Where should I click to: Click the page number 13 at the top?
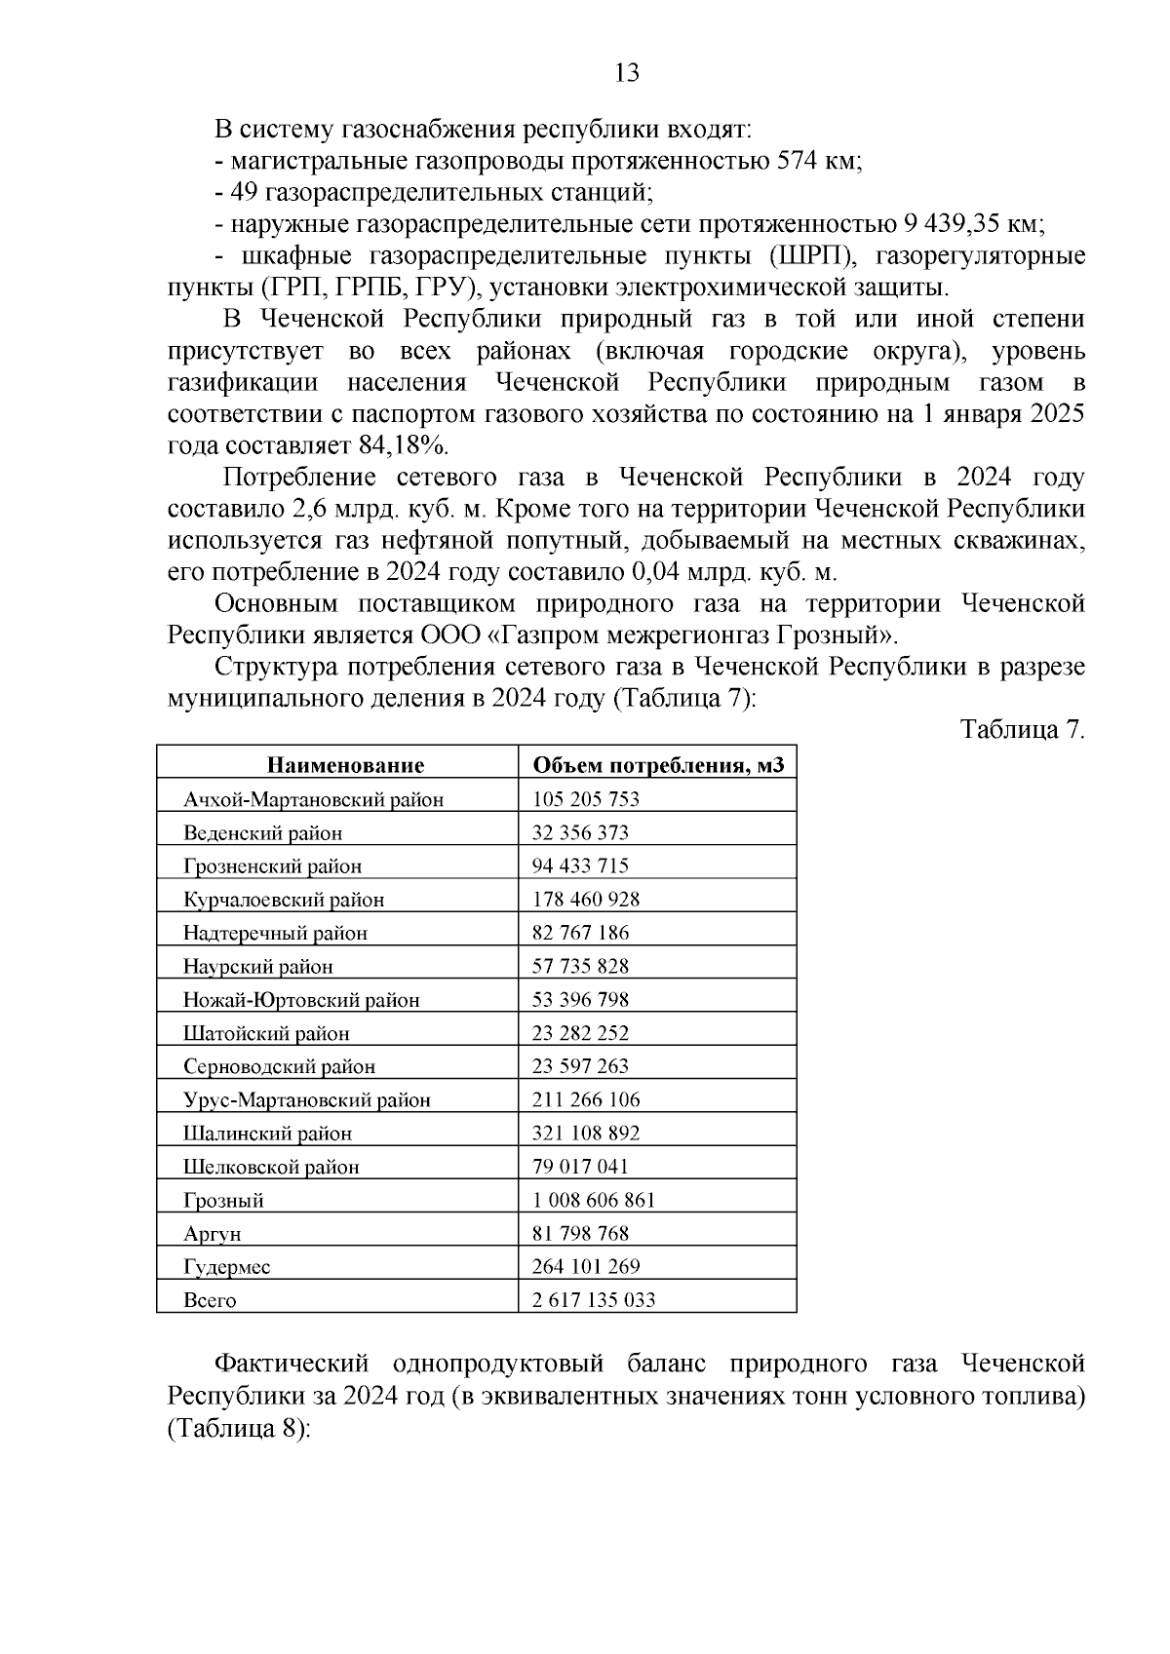627,73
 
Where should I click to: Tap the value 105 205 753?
585,799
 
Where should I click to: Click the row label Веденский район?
262,833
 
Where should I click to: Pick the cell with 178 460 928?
585,899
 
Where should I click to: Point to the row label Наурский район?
257,967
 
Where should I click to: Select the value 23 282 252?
580,1033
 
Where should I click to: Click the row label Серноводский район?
279,1067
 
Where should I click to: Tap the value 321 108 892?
585,1133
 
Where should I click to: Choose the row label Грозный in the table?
223,1201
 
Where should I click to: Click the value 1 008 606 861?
593,1200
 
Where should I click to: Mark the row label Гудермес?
226,1267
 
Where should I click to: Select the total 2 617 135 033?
593,1300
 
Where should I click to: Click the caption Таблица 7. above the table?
1022,730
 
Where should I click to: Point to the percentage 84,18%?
402,445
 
